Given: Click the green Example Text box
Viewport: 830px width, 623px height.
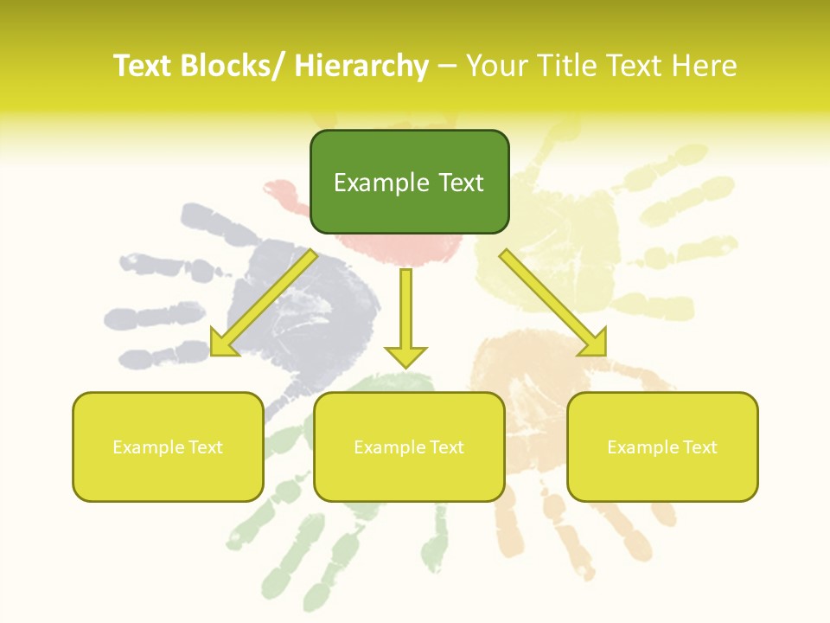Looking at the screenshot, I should pyautogui.click(x=409, y=182).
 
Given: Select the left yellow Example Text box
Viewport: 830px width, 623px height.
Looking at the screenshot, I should pyautogui.click(x=168, y=447).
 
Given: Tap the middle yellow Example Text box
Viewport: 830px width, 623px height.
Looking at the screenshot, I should pyautogui.click(x=409, y=447).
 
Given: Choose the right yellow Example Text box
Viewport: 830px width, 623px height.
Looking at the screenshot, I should pyautogui.click(x=662, y=447).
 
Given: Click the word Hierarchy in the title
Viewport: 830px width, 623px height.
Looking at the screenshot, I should pyautogui.click(x=361, y=66).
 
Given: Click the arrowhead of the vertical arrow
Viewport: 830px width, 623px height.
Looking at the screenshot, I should pyautogui.click(x=405, y=356).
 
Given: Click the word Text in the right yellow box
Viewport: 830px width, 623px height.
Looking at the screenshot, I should pyautogui.click(x=699, y=447).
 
